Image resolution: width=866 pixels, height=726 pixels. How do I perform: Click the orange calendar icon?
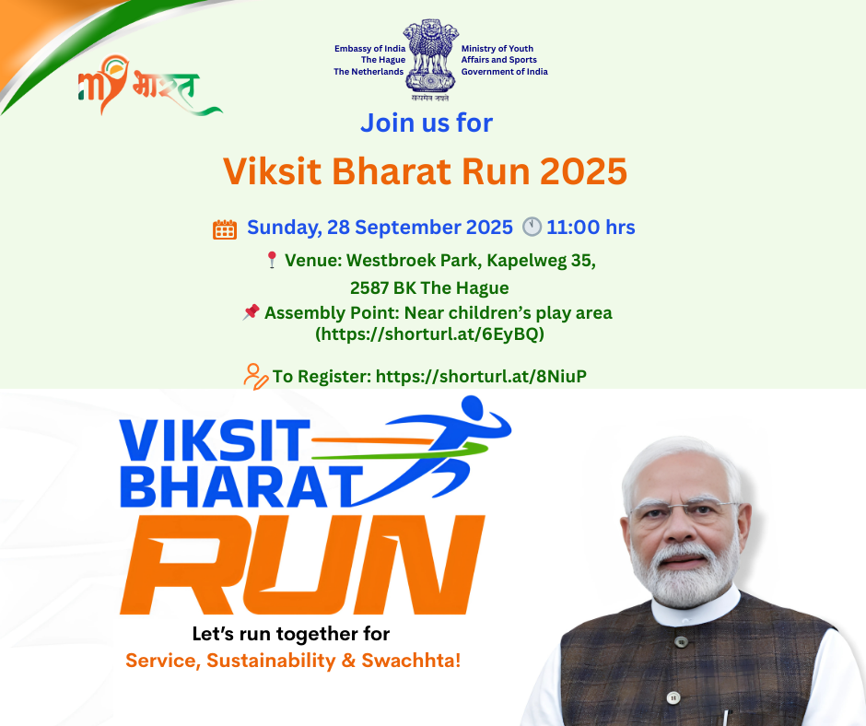225,229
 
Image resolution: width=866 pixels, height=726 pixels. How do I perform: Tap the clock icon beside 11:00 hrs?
532,227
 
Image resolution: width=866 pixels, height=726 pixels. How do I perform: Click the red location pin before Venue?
272,260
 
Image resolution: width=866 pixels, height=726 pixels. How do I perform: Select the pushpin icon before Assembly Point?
251,311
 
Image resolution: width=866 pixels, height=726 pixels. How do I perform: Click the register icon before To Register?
256,376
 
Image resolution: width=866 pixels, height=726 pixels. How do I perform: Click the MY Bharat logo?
149,85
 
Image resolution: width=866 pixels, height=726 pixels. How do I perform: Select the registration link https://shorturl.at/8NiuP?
481,376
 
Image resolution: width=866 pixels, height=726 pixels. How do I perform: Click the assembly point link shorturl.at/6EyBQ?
429,334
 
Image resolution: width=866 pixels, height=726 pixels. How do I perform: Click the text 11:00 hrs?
591,227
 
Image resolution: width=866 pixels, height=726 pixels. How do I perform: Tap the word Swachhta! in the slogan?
411,661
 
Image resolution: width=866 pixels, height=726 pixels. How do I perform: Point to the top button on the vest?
681,642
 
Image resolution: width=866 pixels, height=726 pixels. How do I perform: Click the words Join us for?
427,123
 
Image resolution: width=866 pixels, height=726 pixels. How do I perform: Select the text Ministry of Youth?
497,49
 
